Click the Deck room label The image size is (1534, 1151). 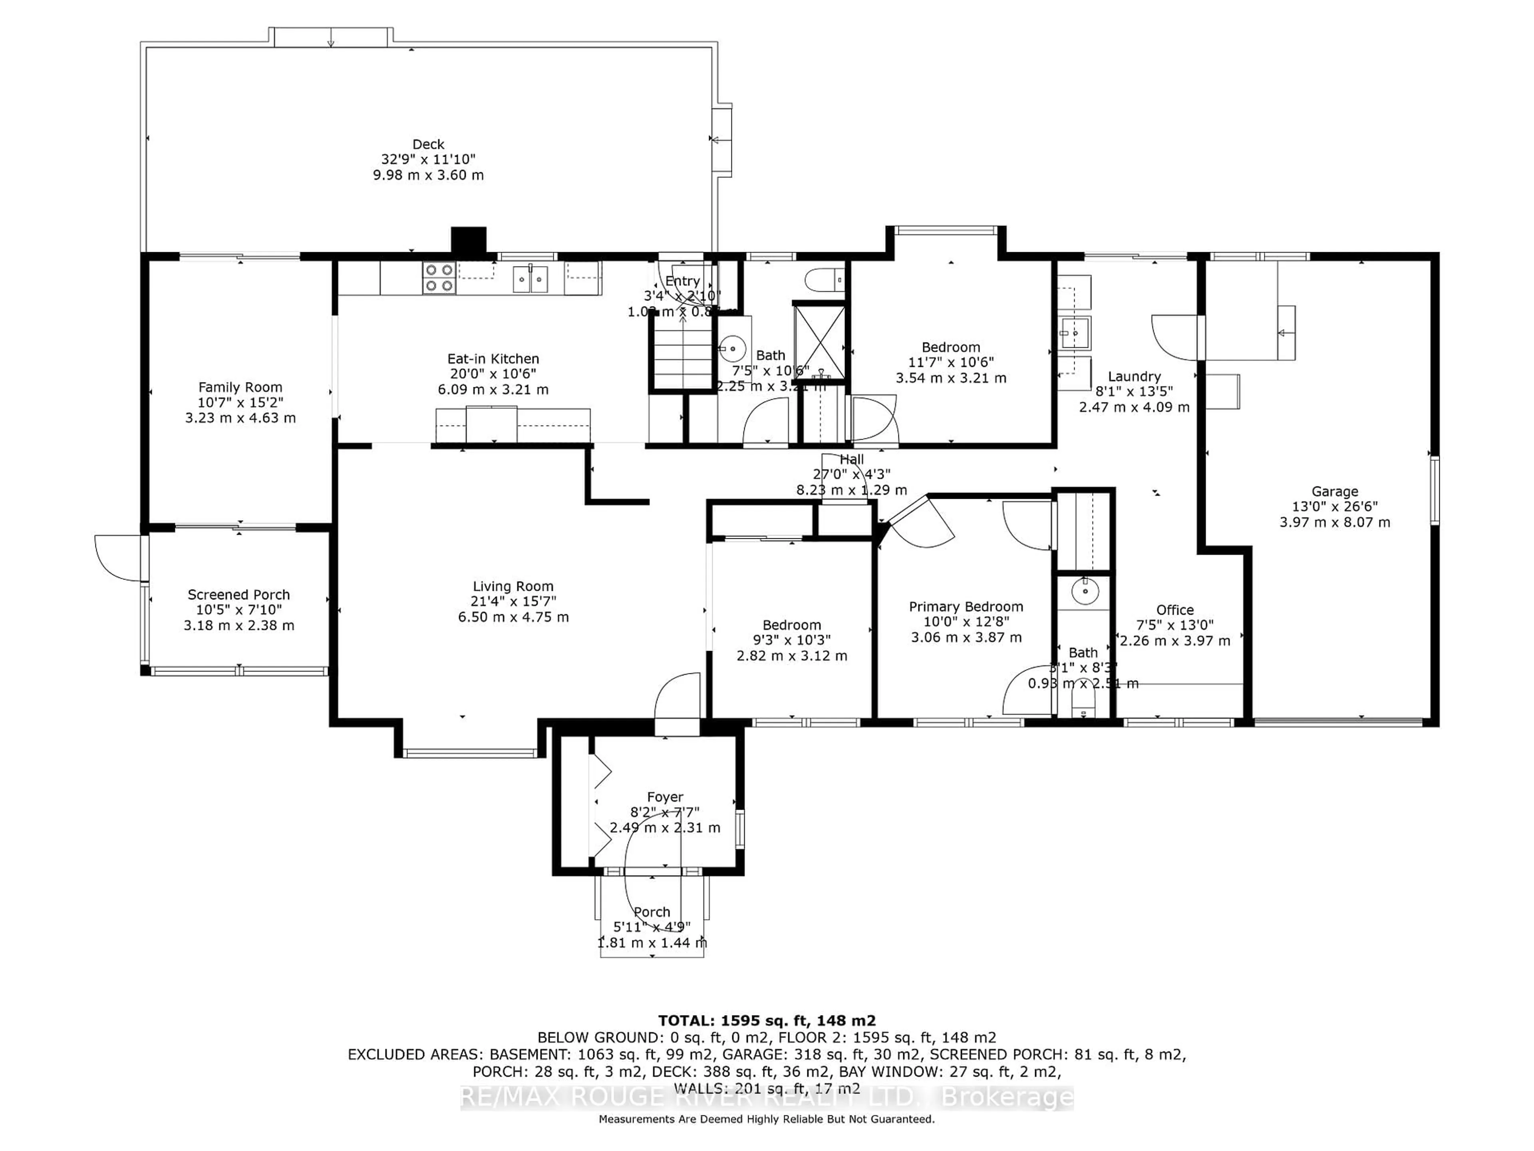[x=428, y=144]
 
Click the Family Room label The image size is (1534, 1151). [x=240, y=387]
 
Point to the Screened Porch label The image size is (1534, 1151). [x=238, y=595]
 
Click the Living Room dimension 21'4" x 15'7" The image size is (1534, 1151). [x=513, y=601]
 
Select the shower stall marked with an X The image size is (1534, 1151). [x=819, y=341]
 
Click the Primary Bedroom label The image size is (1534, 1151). [x=966, y=606]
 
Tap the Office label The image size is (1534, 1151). [x=1175, y=610]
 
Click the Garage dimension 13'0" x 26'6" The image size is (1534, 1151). [x=1334, y=506]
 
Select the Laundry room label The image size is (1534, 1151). [x=1134, y=376]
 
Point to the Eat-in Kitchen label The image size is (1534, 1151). [x=493, y=359]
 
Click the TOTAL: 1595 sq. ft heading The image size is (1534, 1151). [x=766, y=1021]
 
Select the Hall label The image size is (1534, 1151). [x=852, y=459]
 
